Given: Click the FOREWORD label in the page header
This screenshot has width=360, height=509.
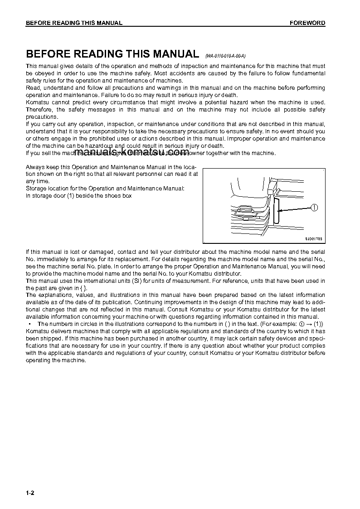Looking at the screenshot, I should coord(307,23).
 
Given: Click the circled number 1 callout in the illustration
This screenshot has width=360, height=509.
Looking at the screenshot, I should coord(314,208).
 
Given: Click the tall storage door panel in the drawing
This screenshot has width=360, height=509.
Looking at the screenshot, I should coord(276,211).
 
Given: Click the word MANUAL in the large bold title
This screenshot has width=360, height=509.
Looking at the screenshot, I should coord(175,54).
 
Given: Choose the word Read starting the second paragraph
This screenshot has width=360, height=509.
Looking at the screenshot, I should coord(33,88).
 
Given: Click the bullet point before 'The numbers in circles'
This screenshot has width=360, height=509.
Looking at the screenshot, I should coord(29,324).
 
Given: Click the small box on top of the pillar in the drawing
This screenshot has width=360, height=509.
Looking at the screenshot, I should coord(272,186).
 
